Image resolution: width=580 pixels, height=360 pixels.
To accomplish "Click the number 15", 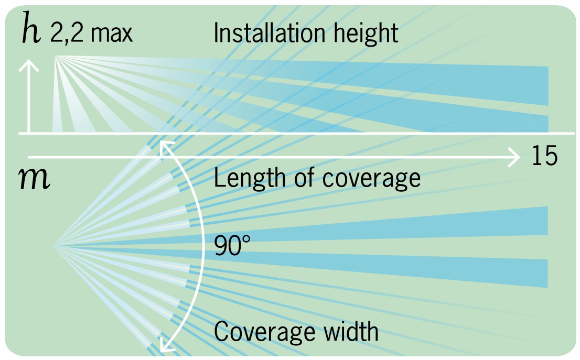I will [x=544, y=157].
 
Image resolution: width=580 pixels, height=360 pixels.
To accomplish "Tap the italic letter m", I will [x=34, y=180].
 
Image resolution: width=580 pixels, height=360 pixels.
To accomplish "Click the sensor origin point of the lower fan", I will [x=55, y=245].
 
